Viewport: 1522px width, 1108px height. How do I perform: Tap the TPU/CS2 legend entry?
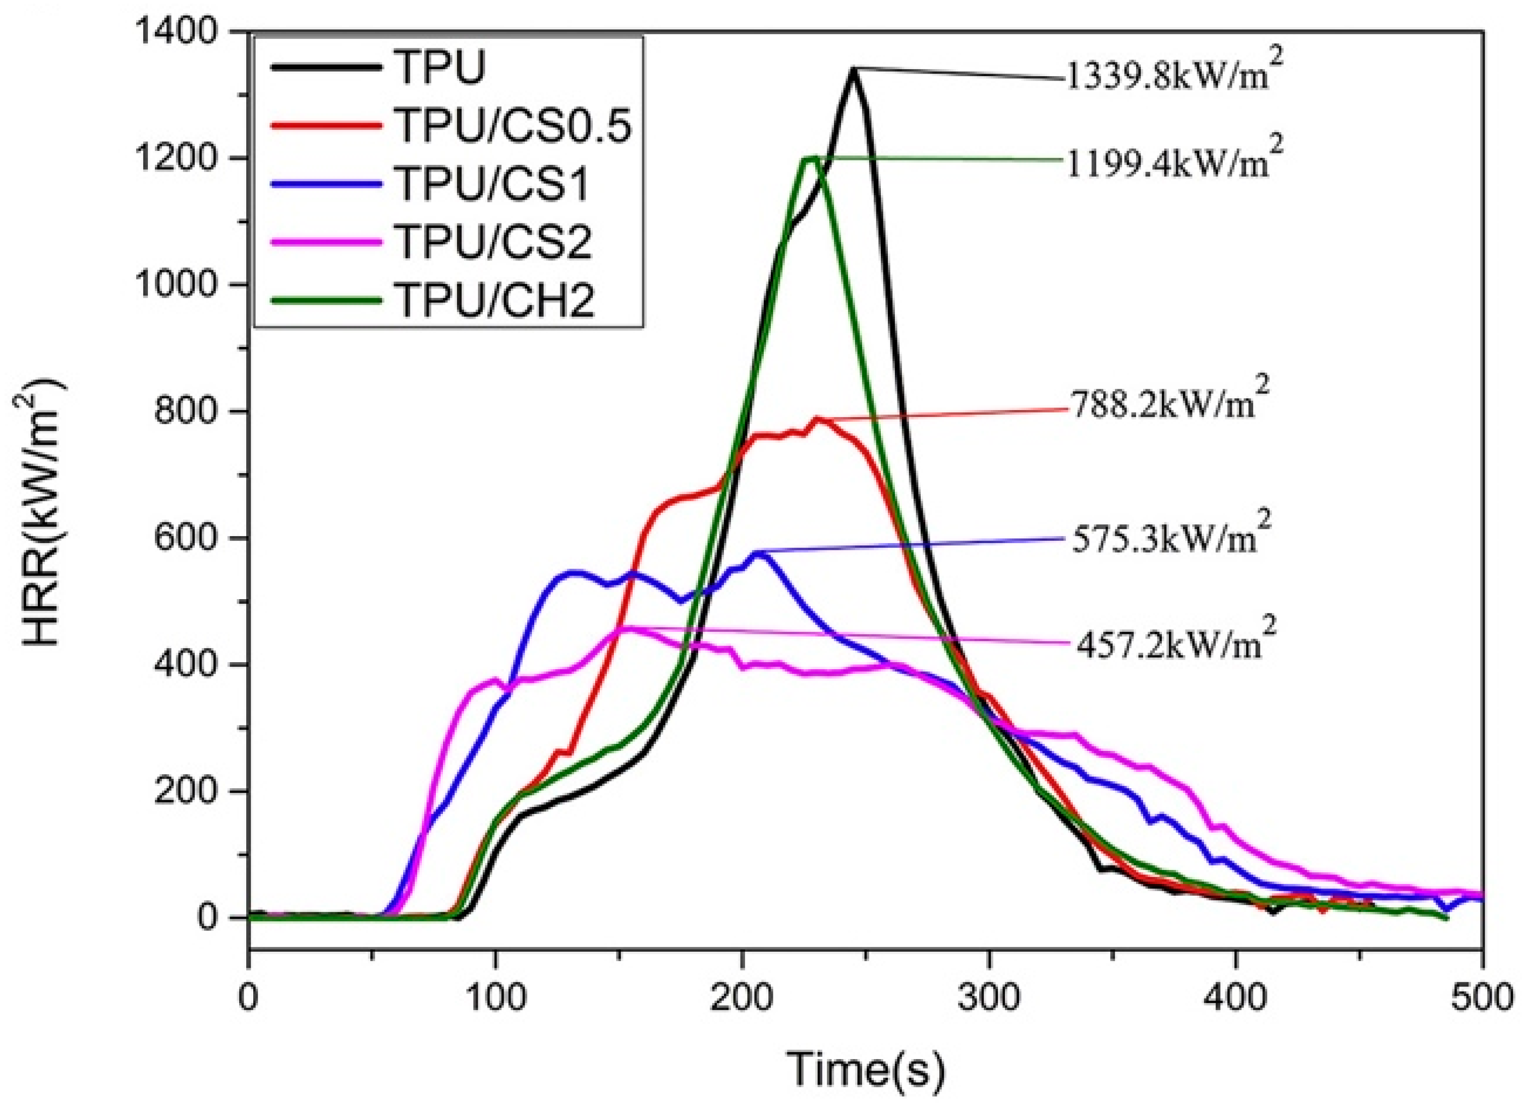[494, 242]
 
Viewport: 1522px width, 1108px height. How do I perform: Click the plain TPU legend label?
[440, 68]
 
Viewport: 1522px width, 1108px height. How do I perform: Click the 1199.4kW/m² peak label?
[1168, 162]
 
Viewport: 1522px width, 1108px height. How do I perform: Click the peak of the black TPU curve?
[853, 70]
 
